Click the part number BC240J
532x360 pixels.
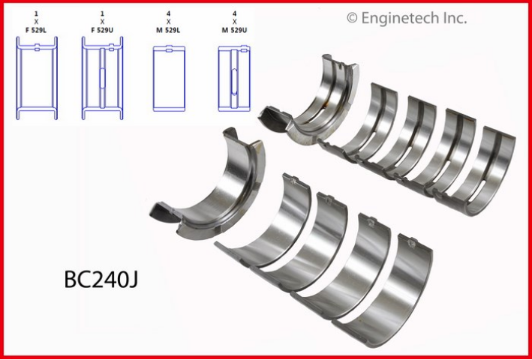[x=101, y=280]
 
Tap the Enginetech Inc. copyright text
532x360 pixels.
[x=407, y=18]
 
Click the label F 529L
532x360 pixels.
[x=36, y=30]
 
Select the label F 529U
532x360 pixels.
[x=103, y=30]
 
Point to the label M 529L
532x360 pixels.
[x=169, y=30]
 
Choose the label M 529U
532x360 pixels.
[x=234, y=30]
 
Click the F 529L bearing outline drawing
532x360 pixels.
[x=37, y=78]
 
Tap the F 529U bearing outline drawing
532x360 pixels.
[x=103, y=78]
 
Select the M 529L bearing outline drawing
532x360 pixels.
[x=169, y=78]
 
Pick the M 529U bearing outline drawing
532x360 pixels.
[x=234, y=78]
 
